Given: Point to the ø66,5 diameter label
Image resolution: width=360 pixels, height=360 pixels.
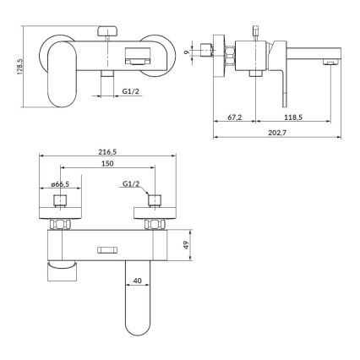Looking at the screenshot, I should (59, 183).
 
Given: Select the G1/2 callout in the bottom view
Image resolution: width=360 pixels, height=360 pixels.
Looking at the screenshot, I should (131, 183).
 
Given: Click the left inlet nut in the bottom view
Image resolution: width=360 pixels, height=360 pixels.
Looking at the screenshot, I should (59, 224).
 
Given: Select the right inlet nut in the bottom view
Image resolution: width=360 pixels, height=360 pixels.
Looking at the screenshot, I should (155, 224).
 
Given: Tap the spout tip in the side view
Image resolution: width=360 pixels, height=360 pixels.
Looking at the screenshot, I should (332, 62).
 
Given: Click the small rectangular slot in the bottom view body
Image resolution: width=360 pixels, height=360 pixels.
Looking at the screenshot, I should (106, 248).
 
